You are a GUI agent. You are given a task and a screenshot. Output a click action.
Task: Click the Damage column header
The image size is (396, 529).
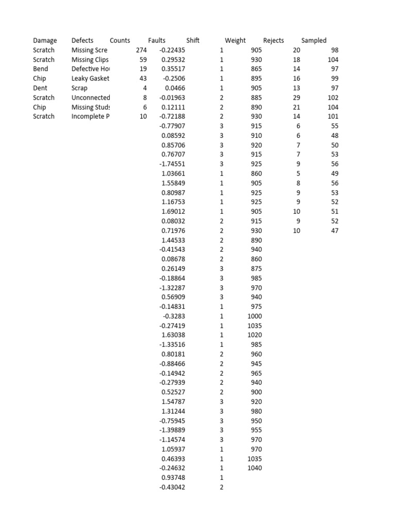(45, 40)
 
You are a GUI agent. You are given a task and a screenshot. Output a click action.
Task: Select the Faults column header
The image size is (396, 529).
(157, 40)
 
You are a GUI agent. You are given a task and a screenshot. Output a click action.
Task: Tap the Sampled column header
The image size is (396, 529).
(313, 40)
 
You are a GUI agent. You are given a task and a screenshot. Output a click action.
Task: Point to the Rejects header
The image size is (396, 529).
(273, 40)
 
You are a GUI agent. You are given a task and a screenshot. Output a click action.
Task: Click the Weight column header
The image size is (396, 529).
(235, 40)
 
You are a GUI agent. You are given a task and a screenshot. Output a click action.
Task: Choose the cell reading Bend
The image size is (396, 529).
(40, 69)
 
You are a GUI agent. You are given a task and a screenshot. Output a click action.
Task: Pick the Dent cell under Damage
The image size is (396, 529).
(40, 88)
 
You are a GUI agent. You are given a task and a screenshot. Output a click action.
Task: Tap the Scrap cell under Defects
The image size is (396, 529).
(79, 88)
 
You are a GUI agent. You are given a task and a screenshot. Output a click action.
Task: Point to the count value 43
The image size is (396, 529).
(143, 79)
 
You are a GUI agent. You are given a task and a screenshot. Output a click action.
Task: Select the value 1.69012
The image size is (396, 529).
(173, 211)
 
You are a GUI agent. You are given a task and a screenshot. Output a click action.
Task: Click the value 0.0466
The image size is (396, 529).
(175, 88)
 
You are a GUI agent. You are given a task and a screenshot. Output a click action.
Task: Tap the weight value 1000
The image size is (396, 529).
(255, 316)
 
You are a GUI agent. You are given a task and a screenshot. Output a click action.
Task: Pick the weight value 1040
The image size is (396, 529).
(255, 468)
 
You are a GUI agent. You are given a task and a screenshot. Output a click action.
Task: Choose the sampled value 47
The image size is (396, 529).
(335, 230)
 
